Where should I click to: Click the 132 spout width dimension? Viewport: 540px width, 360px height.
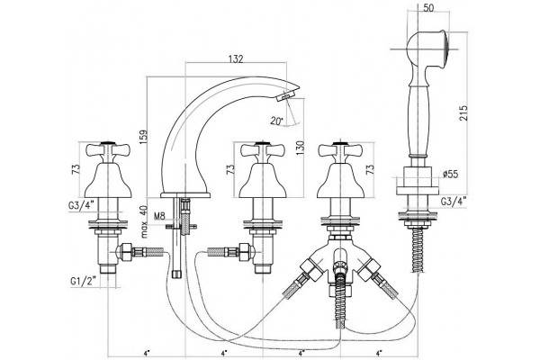[x=236, y=59]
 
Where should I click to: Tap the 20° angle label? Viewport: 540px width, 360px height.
[x=277, y=121]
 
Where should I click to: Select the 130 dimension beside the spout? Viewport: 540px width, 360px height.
[x=300, y=148]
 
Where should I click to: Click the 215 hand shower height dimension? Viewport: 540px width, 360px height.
[x=463, y=113]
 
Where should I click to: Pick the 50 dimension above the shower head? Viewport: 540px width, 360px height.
[x=428, y=8]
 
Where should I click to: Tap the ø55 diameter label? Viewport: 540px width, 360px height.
[x=451, y=174]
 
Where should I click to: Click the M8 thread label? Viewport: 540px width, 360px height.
[x=159, y=216]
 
